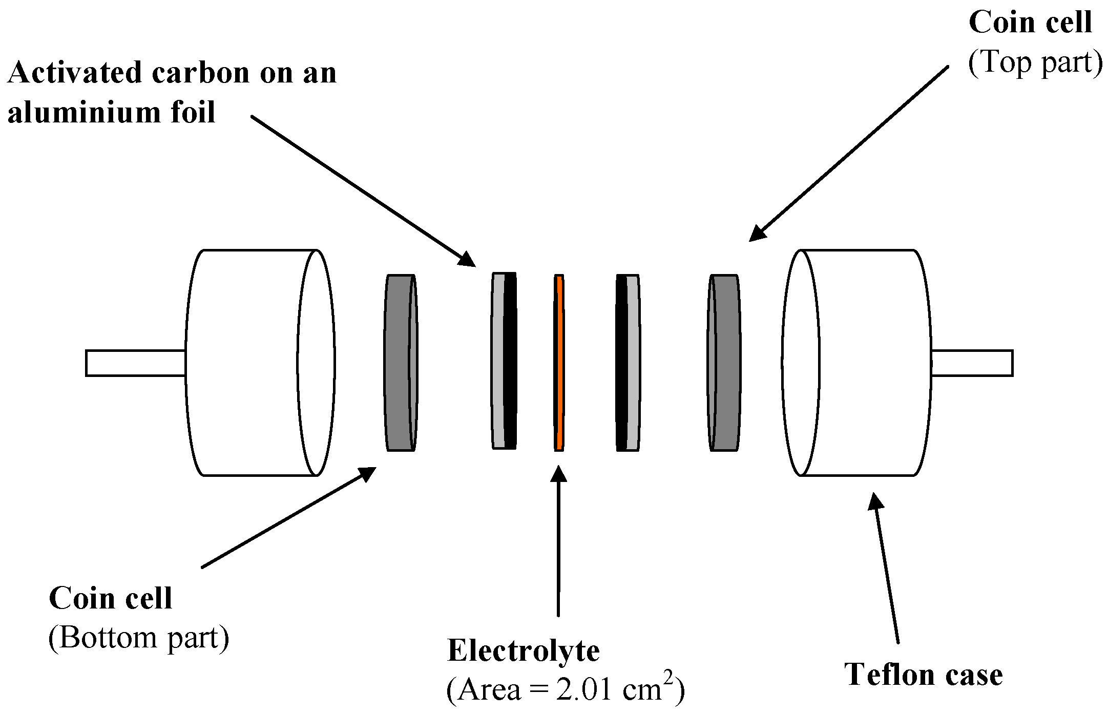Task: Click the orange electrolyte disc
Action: [x=559, y=363]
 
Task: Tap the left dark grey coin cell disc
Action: [x=400, y=363]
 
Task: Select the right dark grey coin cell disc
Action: [x=725, y=363]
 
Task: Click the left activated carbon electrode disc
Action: [x=504, y=361]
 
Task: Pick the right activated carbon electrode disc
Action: [x=628, y=363]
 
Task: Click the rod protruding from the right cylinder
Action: [x=972, y=363]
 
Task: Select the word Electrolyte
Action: [x=523, y=652]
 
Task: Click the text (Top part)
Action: [x=1034, y=63]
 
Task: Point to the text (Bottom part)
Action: [x=138, y=638]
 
